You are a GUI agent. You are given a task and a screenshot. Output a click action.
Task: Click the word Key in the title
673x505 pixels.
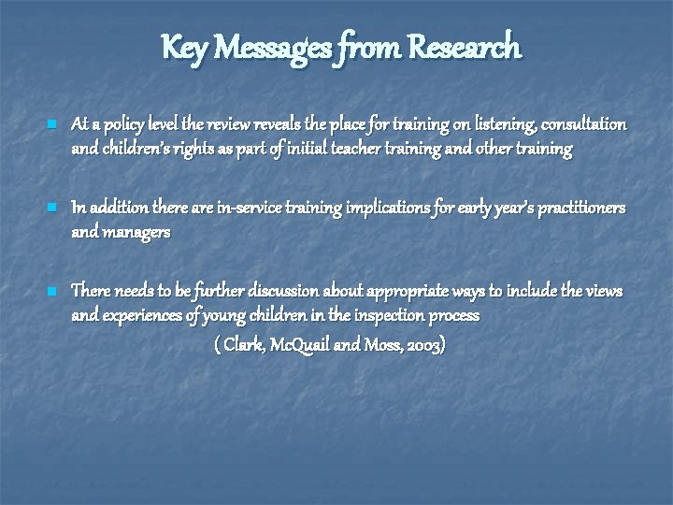pos(182,46)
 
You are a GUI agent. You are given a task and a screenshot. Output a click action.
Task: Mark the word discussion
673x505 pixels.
pos(295,291)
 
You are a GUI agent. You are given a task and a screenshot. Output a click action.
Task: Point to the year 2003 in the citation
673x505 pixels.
pos(422,345)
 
